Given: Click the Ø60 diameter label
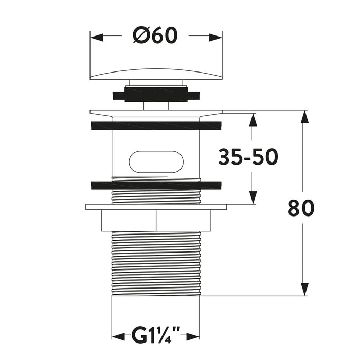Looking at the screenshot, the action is coord(155,35).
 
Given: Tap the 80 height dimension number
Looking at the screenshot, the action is coord(301,208).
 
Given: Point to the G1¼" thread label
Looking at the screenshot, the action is coord(156,336).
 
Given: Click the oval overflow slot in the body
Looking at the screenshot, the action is coord(156,161).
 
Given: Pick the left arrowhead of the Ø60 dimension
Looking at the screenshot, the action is coord(97,38).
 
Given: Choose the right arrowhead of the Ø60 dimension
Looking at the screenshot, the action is coord(215,38).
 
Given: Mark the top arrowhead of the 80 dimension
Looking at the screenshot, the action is coord(304,117).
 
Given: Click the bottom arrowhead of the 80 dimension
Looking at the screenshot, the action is coord(304,289).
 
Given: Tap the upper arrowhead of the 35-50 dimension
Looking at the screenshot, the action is coord(253,120).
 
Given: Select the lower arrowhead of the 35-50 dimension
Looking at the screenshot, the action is coord(253,197).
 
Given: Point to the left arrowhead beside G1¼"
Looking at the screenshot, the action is coord(118,337).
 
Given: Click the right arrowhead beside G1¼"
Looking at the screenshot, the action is coord(193,337).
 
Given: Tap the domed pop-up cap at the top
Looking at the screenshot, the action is coord(156,74).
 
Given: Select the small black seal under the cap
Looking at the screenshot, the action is coord(156,94).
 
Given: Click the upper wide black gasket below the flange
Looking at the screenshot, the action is coord(156,126).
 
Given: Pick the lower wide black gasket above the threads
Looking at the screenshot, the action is coord(156,185).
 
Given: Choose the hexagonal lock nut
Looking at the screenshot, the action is coord(156,221).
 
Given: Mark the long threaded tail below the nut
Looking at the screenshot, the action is coord(156,263).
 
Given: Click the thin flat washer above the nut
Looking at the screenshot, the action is coord(156,207).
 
